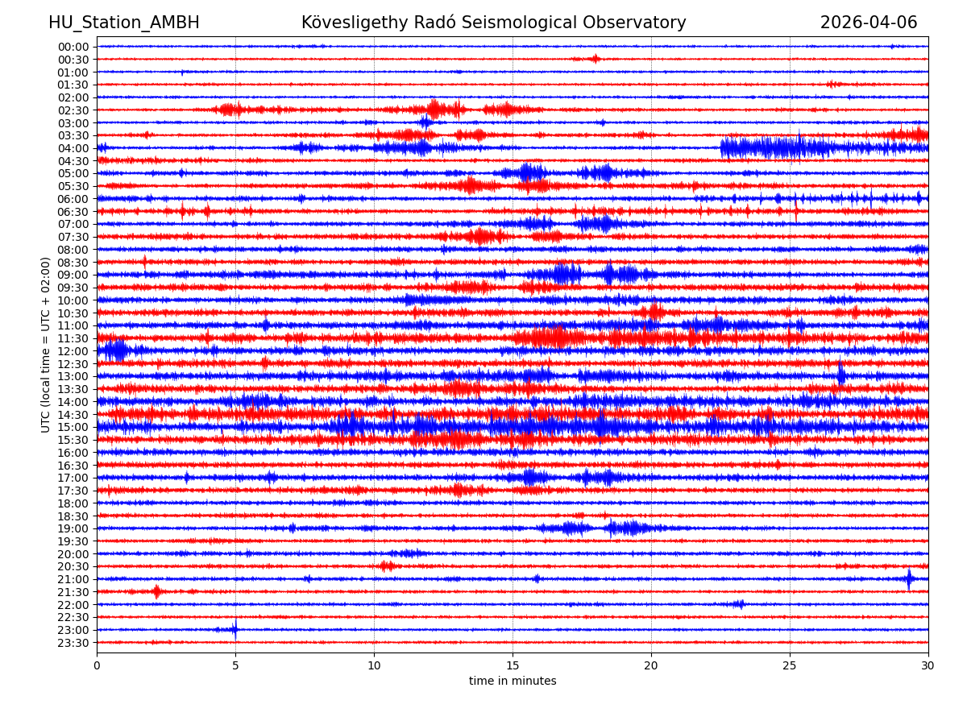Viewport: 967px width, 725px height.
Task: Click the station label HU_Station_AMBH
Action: click(x=123, y=23)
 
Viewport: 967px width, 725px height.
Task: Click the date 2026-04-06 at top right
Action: click(x=868, y=23)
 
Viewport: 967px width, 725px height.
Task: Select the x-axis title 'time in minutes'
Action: click(x=513, y=681)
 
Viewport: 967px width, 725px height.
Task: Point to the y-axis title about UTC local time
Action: click(x=46, y=345)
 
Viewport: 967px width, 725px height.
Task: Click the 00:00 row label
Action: click(x=73, y=47)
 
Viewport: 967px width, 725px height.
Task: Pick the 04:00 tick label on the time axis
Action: click(x=73, y=148)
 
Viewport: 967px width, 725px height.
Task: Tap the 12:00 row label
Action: click(x=73, y=351)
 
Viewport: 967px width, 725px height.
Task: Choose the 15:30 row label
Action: click(x=73, y=440)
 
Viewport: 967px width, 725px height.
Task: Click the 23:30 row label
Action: click(x=73, y=643)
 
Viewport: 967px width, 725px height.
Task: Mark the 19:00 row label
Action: click(x=73, y=528)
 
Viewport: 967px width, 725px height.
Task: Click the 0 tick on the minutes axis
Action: click(x=97, y=666)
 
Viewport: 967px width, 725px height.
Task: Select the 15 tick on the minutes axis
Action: click(x=513, y=666)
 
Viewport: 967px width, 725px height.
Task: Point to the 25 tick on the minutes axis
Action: click(x=790, y=666)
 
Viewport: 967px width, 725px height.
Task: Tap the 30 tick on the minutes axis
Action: click(x=928, y=666)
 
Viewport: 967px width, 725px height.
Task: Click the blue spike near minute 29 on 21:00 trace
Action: click(x=909, y=578)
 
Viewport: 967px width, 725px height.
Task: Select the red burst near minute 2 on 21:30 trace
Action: click(x=156, y=591)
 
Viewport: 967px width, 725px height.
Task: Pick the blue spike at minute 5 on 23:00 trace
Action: click(x=235, y=629)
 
